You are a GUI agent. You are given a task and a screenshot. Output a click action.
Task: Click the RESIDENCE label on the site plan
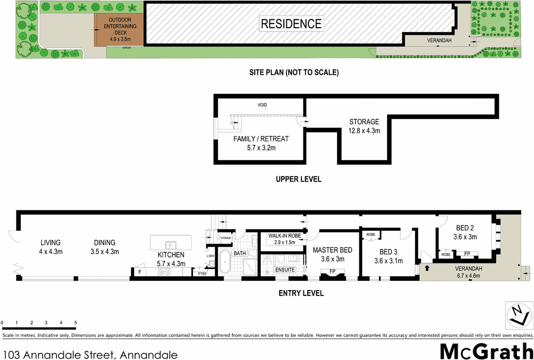(x=292, y=24)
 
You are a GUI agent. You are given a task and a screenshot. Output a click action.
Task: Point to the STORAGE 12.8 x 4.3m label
(x=364, y=126)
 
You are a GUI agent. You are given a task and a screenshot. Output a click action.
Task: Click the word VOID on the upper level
(x=262, y=105)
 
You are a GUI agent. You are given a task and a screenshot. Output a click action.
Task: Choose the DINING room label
(x=105, y=247)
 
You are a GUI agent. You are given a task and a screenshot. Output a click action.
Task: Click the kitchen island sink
(x=170, y=245)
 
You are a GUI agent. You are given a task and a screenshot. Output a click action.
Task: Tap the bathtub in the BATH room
(x=225, y=264)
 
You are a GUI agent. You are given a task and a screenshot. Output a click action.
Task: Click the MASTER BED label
(x=332, y=254)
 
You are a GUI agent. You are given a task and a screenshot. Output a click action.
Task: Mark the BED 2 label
(x=465, y=232)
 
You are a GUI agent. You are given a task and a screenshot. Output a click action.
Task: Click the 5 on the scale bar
(x=76, y=323)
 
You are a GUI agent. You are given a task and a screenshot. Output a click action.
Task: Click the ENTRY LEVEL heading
(x=301, y=293)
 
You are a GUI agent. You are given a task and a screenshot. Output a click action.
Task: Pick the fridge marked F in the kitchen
(x=139, y=272)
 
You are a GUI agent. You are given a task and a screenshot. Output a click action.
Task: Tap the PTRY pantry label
(x=202, y=273)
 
